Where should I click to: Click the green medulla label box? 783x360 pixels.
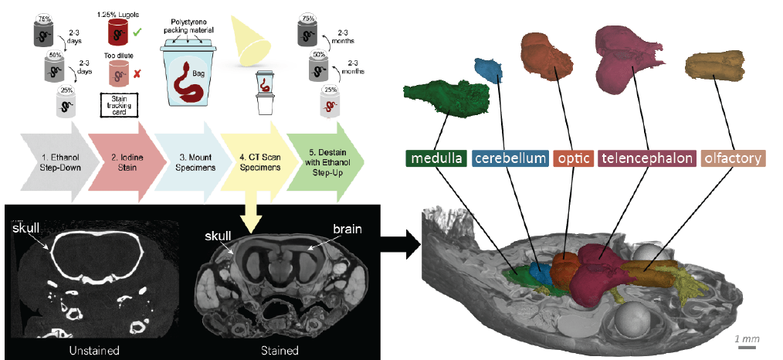[437, 159]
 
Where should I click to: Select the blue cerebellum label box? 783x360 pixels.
[510, 159]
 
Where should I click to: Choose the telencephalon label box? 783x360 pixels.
[646, 159]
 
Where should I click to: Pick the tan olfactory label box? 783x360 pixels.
[732, 159]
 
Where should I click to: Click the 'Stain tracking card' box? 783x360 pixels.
[119, 105]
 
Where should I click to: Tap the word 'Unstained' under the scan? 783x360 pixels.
[93, 350]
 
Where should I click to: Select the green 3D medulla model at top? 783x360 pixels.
[446, 97]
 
